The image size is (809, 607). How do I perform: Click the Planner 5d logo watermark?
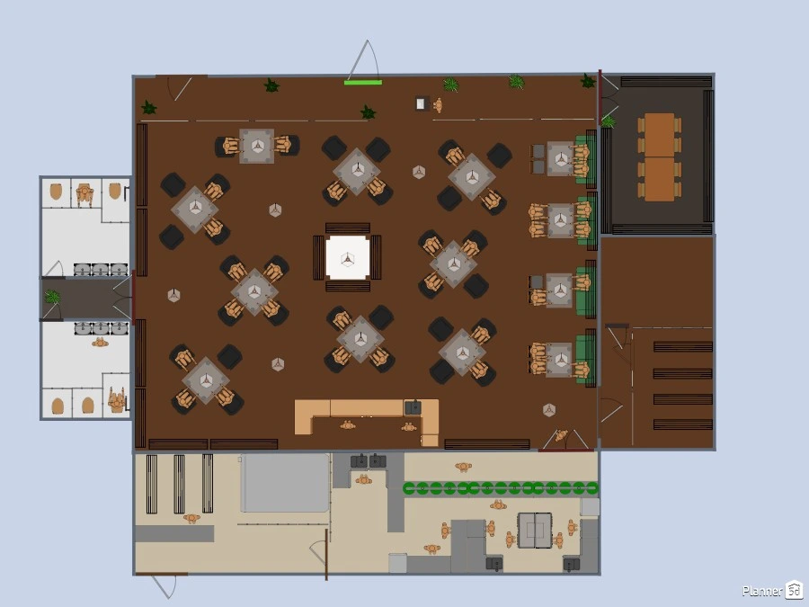(x=772, y=590)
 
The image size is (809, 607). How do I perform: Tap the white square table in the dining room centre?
(x=348, y=257)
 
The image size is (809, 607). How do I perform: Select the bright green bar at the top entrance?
(x=363, y=82)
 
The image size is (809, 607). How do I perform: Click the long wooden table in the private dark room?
(x=660, y=156)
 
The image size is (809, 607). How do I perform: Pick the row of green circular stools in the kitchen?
(x=501, y=487)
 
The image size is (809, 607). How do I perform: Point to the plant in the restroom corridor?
(x=52, y=297)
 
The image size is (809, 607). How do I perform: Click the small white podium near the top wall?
(x=422, y=103)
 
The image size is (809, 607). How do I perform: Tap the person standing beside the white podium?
(x=438, y=105)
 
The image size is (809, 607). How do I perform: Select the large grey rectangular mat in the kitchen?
(x=285, y=483)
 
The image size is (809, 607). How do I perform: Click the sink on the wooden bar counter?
(x=413, y=407)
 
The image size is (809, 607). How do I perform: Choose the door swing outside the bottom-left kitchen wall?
(x=165, y=585)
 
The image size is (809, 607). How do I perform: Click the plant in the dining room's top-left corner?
(x=149, y=107)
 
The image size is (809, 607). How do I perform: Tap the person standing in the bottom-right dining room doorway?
(x=561, y=435)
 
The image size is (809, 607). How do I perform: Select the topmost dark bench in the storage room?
(x=682, y=347)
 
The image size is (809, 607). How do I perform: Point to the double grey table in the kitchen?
(x=535, y=530)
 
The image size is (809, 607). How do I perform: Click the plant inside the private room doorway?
(x=609, y=121)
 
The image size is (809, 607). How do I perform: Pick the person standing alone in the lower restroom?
(x=100, y=343)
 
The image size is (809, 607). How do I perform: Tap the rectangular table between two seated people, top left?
(x=256, y=146)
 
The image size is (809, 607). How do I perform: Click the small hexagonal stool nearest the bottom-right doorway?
(x=549, y=410)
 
